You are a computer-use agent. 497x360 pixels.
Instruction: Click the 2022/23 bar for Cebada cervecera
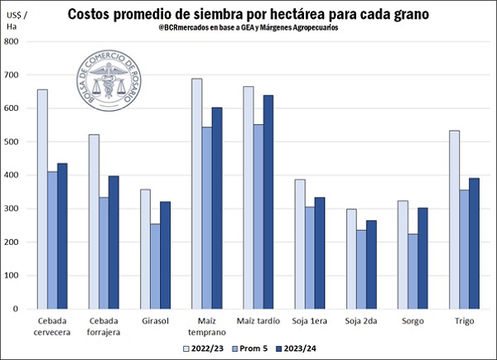point(42,199)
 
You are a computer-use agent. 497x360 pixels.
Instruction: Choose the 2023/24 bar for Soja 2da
point(370,264)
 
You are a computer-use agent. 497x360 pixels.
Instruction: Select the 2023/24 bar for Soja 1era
point(321,252)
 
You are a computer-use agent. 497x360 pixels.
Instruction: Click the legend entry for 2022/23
point(202,348)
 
